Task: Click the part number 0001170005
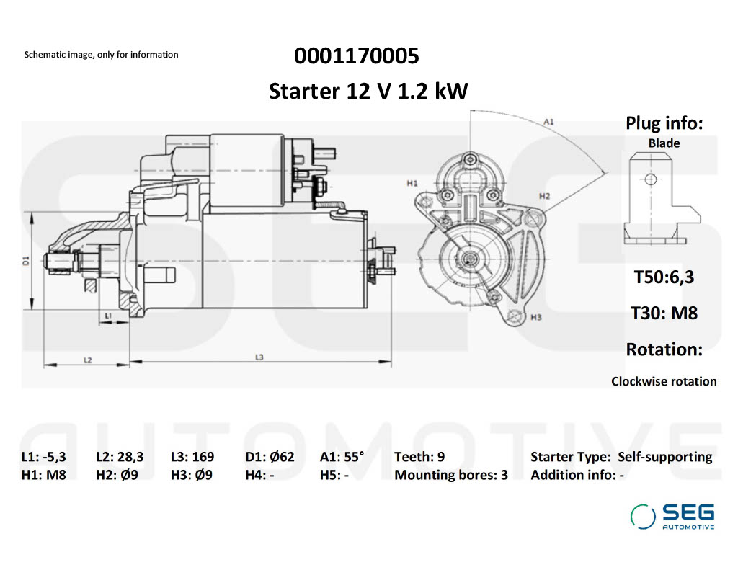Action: [356, 55]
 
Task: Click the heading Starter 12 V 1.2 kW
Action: [368, 92]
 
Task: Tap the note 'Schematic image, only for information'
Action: [101, 55]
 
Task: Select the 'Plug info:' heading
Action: [664, 123]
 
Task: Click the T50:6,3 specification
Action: [664, 277]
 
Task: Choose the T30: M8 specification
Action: [664, 313]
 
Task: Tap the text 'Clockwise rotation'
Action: [664, 381]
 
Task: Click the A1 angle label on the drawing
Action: [548, 123]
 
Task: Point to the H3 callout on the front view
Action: [535, 317]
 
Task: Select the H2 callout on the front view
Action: [544, 196]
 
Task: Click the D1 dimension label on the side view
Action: [25, 261]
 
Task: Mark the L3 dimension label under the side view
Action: [259, 357]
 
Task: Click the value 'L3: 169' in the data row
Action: [192, 457]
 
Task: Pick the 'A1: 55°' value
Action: [342, 457]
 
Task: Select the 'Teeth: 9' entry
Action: [419, 457]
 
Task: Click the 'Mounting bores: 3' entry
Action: [450, 475]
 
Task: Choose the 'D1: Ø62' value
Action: [270, 457]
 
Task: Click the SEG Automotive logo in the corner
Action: [672, 516]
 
